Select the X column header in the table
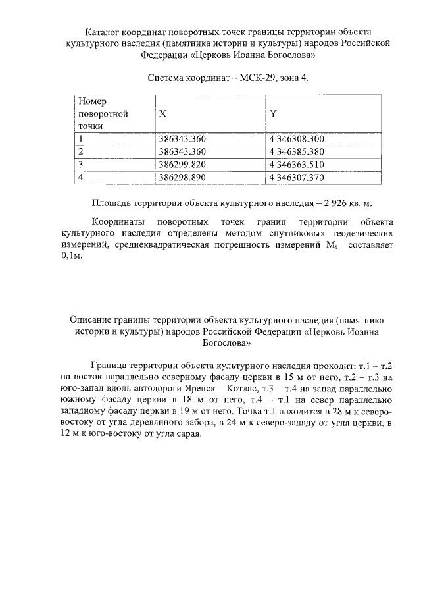click(162, 114)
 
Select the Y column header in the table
click(273, 114)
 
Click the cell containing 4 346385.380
click(297, 152)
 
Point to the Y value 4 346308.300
click(297, 139)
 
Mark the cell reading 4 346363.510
click(297, 165)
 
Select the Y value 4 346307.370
click(297, 178)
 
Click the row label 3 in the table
click(80, 165)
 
